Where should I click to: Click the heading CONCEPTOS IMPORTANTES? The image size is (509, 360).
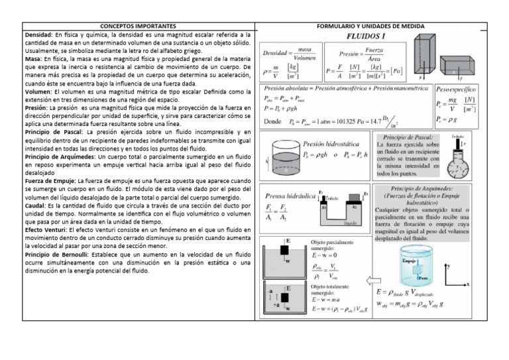click(x=137, y=27)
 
